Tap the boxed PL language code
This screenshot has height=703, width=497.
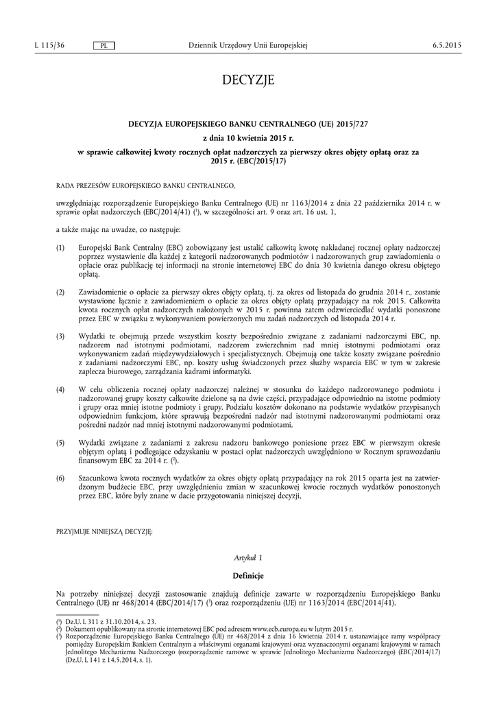pyautogui.click(x=104, y=45)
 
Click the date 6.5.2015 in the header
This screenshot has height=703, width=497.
pyautogui.click(x=446, y=45)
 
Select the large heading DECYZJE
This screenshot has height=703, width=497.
pyautogui.click(x=247, y=81)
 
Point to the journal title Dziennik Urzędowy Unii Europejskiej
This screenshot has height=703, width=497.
pyautogui.click(x=247, y=45)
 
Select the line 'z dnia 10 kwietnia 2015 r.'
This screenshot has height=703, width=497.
pyautogui.click(x=247, y=138)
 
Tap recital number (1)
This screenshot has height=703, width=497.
pyautogui.click(x=60, y=247)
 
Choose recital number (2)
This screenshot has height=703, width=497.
pyautogui.click(x=60, y=292)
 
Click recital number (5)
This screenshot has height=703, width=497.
pyautogui.click(x=60, y=444)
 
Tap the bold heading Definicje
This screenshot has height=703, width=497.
pyautogui.click(x=247, y=575)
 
